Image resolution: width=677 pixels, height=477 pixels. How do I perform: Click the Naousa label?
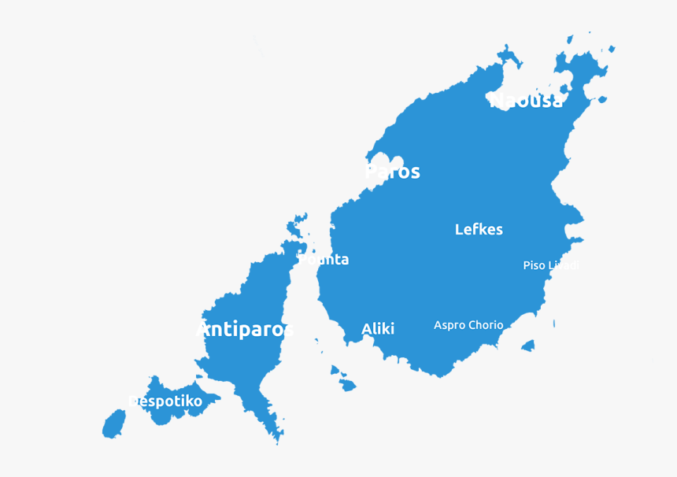(x=526, y=101)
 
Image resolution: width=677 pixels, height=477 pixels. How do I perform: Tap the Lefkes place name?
(x=479, y=230)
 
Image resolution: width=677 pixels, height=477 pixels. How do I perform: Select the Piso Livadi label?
(x=551, y=266)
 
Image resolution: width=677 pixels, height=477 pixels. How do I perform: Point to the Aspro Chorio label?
(x=468, y=325)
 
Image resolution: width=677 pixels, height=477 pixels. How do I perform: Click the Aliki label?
(x=378, y=329)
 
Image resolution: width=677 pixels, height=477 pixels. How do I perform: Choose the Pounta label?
(x=324, y=260)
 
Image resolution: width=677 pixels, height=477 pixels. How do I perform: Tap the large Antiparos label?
(x=245, y=329)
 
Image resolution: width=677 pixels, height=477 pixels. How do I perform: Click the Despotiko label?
(x=165, y=401)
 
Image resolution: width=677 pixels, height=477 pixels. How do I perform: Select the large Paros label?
(x=393, y=172)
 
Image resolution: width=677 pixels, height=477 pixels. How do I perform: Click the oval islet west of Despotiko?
(x=114, y=424)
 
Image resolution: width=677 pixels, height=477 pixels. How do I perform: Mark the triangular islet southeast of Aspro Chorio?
(x=527, y=346)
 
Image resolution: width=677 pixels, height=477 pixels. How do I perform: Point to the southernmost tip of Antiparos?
(x=277, y=441)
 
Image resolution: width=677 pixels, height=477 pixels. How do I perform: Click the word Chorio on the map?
(x=486, y=325)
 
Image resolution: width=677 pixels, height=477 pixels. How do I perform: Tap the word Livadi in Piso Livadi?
(x=564, y=266)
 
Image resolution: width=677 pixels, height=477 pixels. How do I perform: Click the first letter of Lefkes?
(x=459, y=230)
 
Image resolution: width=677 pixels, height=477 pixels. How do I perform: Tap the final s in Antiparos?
(x=287, y=330)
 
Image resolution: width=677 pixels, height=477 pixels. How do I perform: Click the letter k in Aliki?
(x=385, y=329)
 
